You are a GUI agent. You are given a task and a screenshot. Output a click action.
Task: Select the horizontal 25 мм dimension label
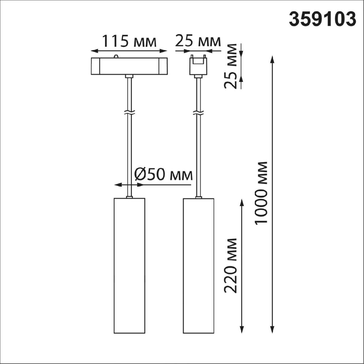(x=197, y=41)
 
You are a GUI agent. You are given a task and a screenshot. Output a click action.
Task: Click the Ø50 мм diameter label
(x=163, y=175)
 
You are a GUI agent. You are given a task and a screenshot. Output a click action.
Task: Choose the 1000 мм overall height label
(x=261, y=193)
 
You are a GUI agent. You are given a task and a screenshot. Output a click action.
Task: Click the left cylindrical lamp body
(x=130, y=266)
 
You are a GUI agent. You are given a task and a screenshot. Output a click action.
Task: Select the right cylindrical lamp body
(x=199, y=266)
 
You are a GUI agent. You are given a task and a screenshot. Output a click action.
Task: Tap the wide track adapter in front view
(x=129, y=66)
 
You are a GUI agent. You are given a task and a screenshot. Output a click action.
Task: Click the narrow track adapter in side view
(x=198, y=66)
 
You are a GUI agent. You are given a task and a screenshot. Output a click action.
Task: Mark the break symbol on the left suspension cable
(x=130, y=113)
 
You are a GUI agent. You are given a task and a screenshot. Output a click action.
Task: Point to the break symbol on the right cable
(x=198, y=113)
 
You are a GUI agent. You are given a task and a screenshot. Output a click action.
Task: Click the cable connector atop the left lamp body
(x=130, y=197)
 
